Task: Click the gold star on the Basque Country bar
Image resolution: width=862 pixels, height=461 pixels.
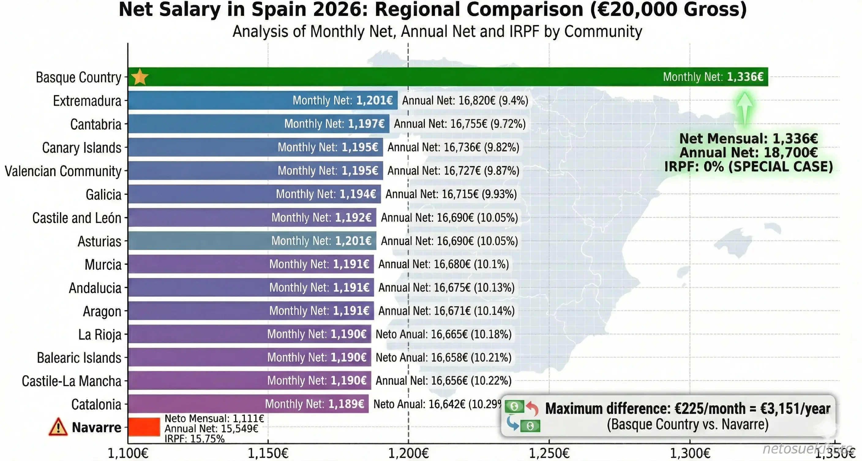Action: pyautogui.click(x=140, y=77)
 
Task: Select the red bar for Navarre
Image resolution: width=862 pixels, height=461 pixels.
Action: pyautogui.click(x=144, y=427)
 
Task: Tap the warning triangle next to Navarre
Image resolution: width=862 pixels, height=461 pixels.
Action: pyautogui.click(x=58, y=427)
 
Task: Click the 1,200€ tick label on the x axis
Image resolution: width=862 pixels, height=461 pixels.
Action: pyautogui.click(x=408, y=453)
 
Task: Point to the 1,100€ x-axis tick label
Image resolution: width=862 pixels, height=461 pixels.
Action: pyautogui.click(x=128, y=453)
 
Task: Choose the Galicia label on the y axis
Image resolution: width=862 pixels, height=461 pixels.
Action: pyautogui.click(x=103, y=195)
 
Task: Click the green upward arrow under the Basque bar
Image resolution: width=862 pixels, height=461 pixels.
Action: pyautogui.click(x=745, y=109)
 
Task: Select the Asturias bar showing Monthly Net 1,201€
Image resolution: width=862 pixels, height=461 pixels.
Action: pyautogui.click(x=252, y=241)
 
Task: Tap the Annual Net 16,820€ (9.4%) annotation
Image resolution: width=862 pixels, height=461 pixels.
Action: pyautogui.click(x=465, y=101)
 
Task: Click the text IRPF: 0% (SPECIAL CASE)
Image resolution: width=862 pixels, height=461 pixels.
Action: pyautogui.click(x=748, y=166)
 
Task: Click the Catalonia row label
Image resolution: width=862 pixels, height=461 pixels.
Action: pyautogui.click(x=96, y=404)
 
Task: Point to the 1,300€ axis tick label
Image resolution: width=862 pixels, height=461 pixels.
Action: pyautogui.click(x=690, y=453)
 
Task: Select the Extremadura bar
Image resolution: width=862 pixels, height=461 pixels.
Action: pyautogui.click(x=262, y=100)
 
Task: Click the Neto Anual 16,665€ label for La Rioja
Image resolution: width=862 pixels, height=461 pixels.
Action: pyautogui.click(x=443, y=334)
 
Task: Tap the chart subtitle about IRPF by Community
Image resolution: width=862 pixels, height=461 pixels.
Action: pyautogui.click(x=437, y=32)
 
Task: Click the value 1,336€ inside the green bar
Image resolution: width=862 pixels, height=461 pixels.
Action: pyautogui.click(x=745, y=77)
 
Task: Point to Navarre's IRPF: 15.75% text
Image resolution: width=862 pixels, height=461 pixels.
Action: pyautogui.click(x=194, y=439)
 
